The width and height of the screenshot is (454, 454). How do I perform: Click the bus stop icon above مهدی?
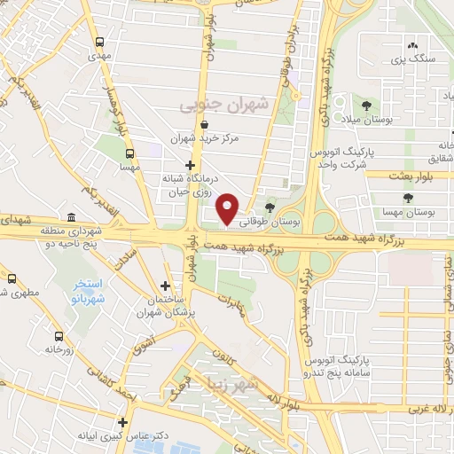(x=99, y=42)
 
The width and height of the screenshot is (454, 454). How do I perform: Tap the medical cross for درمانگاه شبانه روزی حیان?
(x=190, y=165)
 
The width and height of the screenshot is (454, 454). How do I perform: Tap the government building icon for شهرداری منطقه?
(x=72, y=217)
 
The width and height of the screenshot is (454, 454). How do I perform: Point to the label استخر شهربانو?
(x=89, y=291)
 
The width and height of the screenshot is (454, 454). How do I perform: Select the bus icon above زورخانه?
(x=59, y=336)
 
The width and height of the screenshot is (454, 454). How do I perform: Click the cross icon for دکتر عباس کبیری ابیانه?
(x=123, y=422)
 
